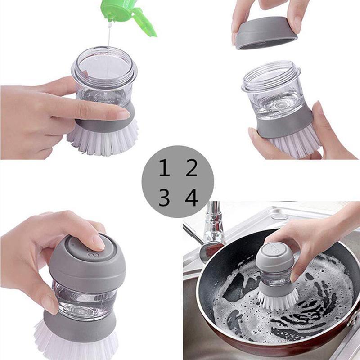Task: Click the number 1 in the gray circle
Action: point(164,168)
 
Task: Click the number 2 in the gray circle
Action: point(192,168)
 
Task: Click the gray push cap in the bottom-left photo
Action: point(85,261)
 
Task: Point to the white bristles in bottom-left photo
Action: point(76,344)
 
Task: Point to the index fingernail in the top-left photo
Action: point(124,114)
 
